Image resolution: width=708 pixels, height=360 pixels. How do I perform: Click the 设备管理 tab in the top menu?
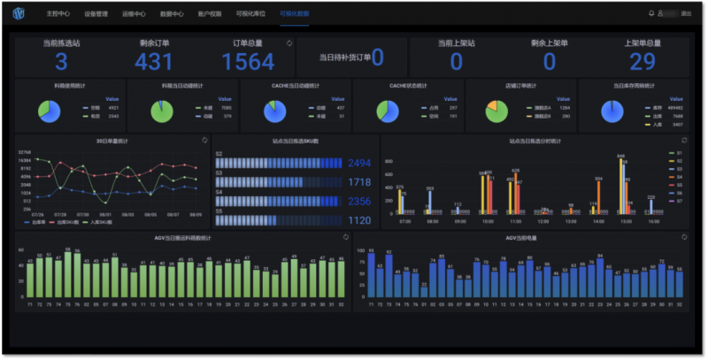pyautogui.click(x=96, y=14)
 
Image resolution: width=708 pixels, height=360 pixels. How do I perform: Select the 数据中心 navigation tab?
pyautogui.click(x=172, y=14)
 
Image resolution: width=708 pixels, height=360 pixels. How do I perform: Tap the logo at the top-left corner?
pyautogui.click(x=19, y=14)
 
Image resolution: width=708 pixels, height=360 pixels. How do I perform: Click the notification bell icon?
pyautogui.click(x=652, y=14)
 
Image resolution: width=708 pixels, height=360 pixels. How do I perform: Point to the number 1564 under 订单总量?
pyautogui.click(x=248, y=61)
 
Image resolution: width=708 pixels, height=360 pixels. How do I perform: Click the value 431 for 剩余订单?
pyautogui.click(x=154, y=61)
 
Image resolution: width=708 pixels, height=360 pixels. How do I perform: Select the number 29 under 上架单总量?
pyautogui.click(x=642, y=61)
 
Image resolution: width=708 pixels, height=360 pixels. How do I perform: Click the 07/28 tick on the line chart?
pyautogui.click(x=59, y=214)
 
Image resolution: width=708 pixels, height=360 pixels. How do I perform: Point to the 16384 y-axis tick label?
pyautogui.click(x=25, y=160)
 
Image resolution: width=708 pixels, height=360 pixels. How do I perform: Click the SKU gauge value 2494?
pyautogui.click(x=359, y=164)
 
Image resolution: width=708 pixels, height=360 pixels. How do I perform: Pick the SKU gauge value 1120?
pyautogui.click(x=359, y=220)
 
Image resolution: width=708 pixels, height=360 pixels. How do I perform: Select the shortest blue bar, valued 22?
pyautogui.click(x=424, y=293)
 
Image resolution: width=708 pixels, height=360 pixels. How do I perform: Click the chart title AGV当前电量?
pyautogui.click(x=520, y=238)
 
